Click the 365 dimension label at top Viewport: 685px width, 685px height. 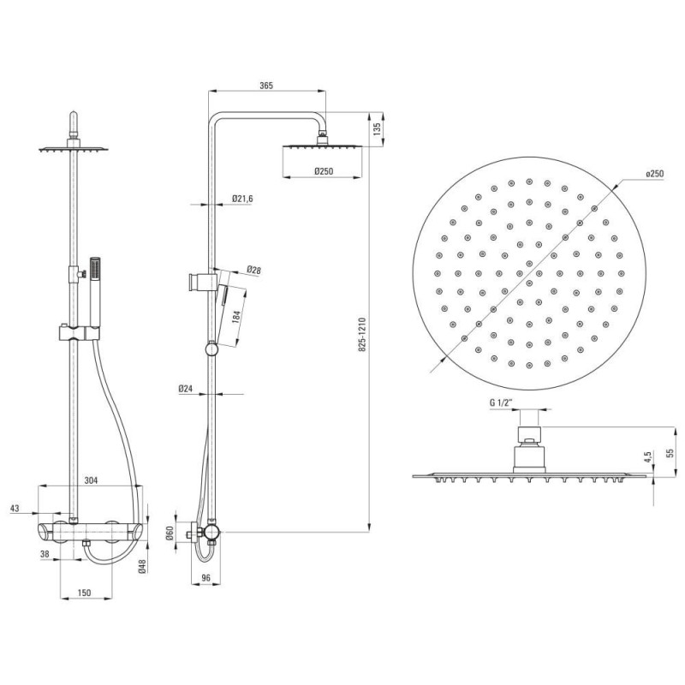tap(266, 86)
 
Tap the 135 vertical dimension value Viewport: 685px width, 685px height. tap(378, 128)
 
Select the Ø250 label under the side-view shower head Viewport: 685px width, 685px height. tap(324, 171)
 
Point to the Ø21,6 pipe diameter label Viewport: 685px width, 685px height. tap(242, 199)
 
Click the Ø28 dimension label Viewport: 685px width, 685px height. tap(253, 270)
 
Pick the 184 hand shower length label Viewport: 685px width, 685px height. tap(236, 317)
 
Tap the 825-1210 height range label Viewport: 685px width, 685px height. tap(362, 335)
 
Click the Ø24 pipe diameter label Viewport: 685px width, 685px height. tap(186, 389)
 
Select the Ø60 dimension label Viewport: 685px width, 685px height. tap(170, 533)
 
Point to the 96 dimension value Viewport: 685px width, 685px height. tap(206, 577)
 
